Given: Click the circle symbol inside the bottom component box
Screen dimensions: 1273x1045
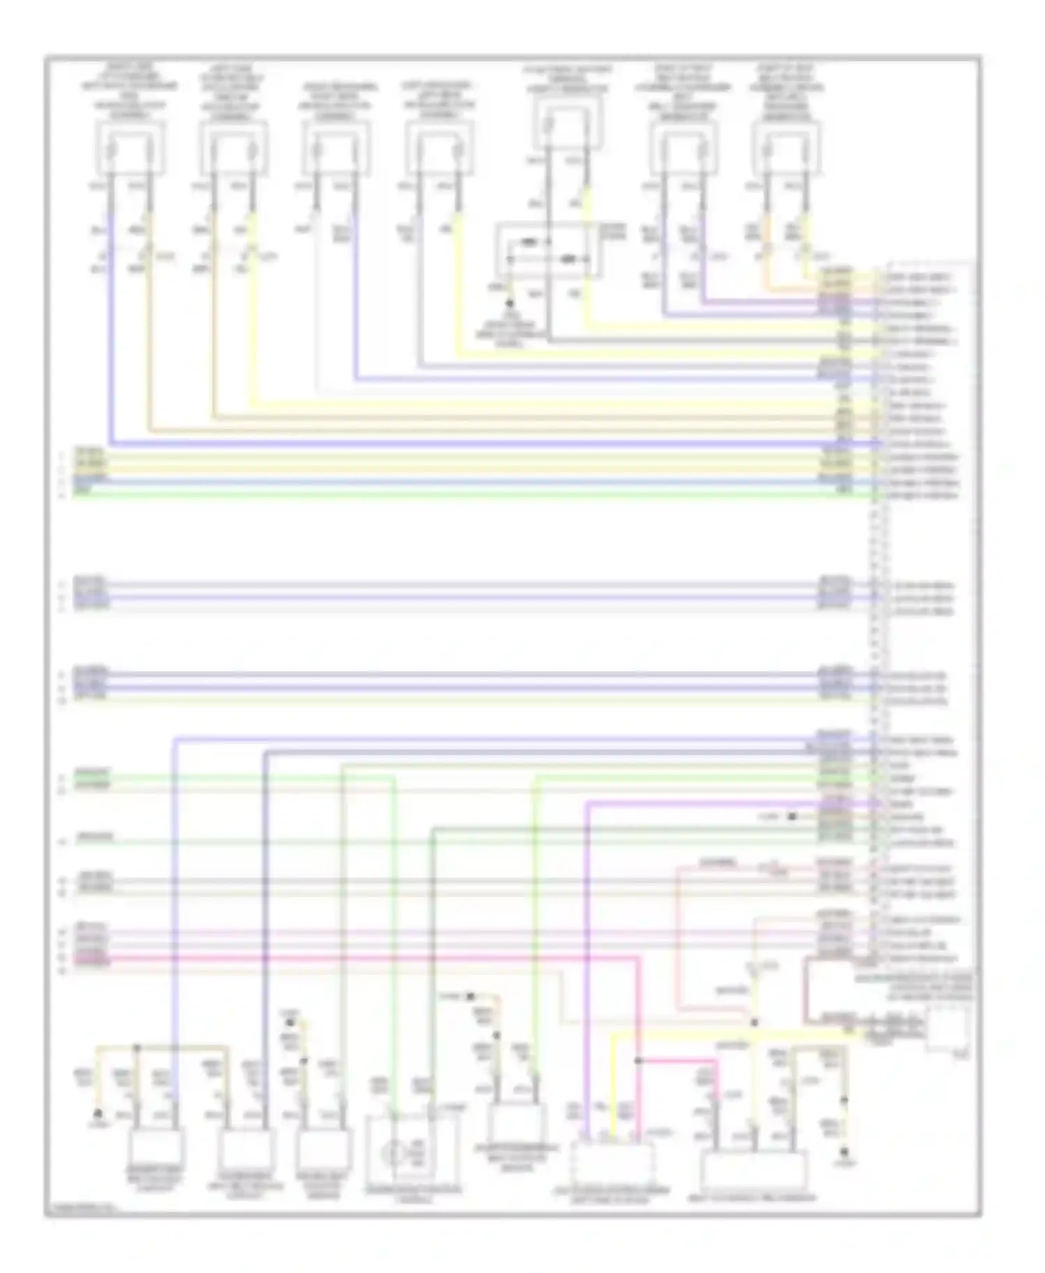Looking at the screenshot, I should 394,1155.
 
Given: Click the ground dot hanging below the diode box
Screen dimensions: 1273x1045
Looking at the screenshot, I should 510,304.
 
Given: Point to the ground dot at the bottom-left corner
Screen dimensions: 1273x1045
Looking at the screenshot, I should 98,1114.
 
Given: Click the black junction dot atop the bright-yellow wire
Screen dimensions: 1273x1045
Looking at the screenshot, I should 754,1023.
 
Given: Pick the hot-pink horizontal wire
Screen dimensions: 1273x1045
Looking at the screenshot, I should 348,958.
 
